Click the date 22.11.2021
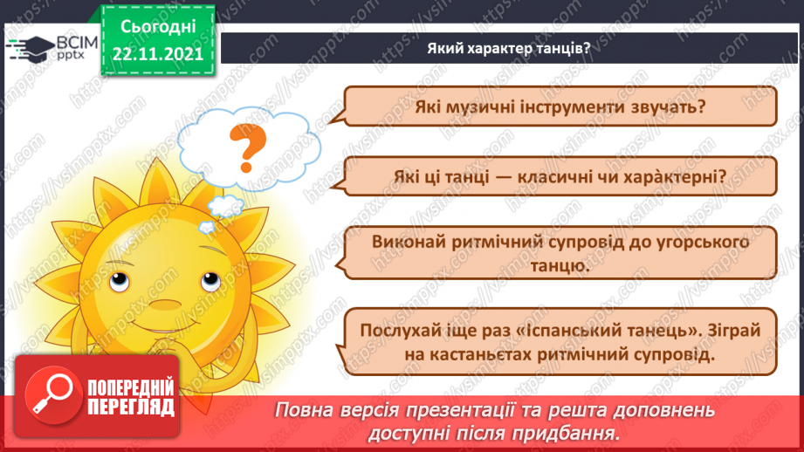[x=157, y=54]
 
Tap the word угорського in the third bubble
[x=687, y=241]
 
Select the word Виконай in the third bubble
[x=407, y=241]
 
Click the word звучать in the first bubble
[x=675, y=107]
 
